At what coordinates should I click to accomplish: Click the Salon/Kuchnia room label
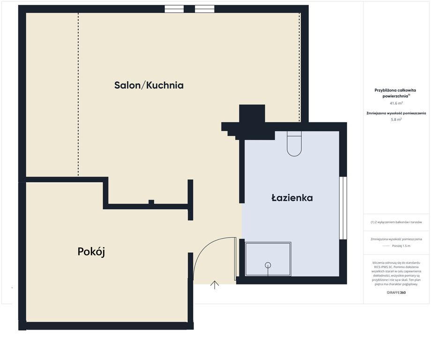[149, 85]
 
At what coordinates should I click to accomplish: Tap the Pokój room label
[91, 252]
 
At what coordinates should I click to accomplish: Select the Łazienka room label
[292, 198]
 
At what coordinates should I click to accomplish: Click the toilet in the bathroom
[294, 144]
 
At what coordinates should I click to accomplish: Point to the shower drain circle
[268, 265]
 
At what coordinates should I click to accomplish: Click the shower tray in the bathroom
[268, 259]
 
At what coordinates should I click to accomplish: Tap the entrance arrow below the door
[215, 285]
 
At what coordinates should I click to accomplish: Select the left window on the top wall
[174, 9]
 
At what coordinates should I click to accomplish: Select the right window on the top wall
[205, 9]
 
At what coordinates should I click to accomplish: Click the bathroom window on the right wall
[343, 208]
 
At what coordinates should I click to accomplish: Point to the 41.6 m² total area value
[396, 103]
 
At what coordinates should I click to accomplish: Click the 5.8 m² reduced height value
[396, 120]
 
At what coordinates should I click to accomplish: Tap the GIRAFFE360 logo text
[396, 292]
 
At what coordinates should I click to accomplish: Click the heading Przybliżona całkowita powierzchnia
[396, 93]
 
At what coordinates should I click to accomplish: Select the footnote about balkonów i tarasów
[396, 222]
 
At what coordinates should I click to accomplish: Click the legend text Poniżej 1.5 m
[401, 246]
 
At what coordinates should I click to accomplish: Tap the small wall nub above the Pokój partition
[151, 202]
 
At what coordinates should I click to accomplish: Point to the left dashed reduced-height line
[78, 94]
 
